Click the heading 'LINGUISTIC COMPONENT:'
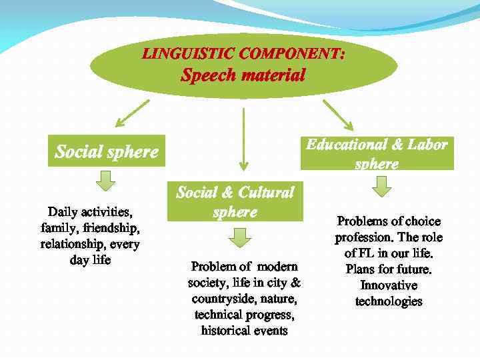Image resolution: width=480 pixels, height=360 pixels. pos(243,54)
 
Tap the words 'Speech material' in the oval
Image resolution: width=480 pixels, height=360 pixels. pos(243,75)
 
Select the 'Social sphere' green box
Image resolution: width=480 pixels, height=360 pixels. pos(107,152)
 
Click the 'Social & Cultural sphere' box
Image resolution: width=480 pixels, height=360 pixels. pos(235,202)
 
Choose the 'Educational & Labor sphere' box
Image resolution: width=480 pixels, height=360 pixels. pos(377,153)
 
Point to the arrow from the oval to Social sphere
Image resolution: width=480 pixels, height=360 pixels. pos(132,113)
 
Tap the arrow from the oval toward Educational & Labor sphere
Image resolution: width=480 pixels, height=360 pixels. pos(337,114)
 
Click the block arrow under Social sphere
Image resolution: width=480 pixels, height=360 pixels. pos(105,179)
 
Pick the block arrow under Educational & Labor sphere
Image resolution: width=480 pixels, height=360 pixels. pos(381,187)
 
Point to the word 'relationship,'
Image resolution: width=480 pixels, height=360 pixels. pos(72,244)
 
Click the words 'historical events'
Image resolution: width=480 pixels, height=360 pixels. pos(244,330)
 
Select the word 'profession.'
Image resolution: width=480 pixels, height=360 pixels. pos(363,237)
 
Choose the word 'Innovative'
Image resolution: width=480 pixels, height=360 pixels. pos(389,285)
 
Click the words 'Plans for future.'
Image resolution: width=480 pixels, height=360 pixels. pos(389,269)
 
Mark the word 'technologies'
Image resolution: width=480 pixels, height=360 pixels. pos(389,301)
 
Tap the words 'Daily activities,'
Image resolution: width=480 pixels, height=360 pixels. pos(90,212)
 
